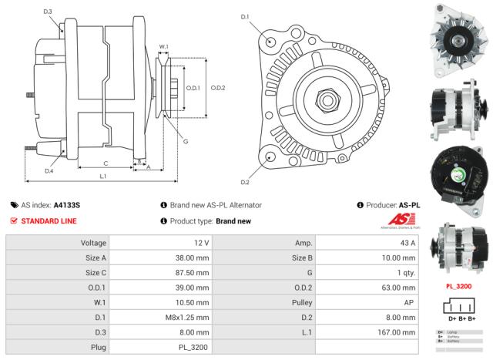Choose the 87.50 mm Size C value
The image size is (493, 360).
[x=193, y=273]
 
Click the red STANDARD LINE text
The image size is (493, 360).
[x=49, y=221]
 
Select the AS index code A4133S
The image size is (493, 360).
[x=66, y=205]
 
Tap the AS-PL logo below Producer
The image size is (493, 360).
[x=401, y=222]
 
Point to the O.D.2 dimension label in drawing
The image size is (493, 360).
[x=218, y=88]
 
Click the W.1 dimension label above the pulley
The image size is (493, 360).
[x=163, y=47]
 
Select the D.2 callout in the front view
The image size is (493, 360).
[x=245, y=183]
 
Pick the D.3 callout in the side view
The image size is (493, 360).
[x=48, y=12]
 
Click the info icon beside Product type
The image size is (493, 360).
[x=164, y=221]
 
